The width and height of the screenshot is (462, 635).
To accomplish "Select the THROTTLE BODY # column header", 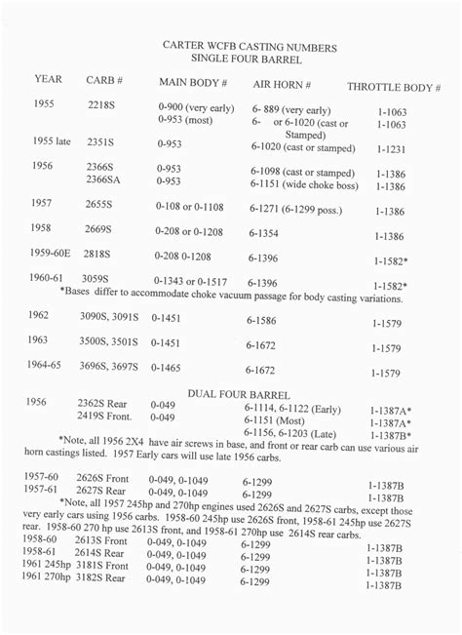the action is pyautogui.click(x=394, y=86).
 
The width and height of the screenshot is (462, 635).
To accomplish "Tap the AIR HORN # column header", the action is pyautogui.click(x=282, y=84).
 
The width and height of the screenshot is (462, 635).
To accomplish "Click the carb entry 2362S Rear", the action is pyautogui.click(x=103, y=402).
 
